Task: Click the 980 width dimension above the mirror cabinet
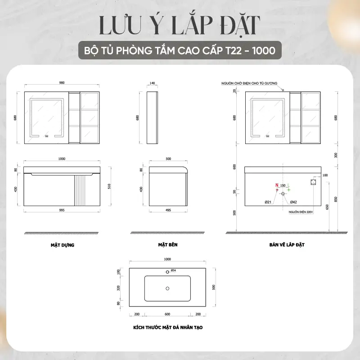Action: click(62, 83)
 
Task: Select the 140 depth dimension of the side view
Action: click(152, 83)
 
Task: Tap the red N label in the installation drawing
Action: click(277, 185)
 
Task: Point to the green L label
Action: click(288, 185)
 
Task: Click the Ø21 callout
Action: click(268, 202)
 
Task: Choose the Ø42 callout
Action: click(293, 202)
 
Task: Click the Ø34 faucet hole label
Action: click(173, 270)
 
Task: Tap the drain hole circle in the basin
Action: click(167, 288)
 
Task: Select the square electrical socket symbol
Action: click(313, 182)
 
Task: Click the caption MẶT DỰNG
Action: click(63, 245)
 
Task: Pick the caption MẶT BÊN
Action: click(168, 244)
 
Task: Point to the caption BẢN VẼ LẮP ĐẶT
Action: click(287, 244)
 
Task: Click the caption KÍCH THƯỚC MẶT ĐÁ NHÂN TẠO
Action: click(168, 328)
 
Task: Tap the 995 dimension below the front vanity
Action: click(62, 210)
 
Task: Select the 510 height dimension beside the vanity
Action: click(109, 186)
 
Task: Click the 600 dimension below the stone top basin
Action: click(167, 314)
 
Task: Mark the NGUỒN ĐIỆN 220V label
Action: click(301, 212)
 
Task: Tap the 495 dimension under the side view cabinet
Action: click(168, 210)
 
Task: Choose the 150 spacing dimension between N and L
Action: click(283, 185)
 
